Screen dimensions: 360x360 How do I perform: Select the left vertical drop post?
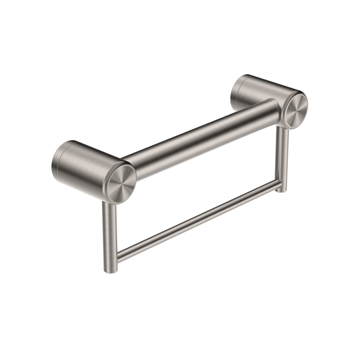(109, 234)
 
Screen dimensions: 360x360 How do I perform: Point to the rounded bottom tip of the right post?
(281, 190)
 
